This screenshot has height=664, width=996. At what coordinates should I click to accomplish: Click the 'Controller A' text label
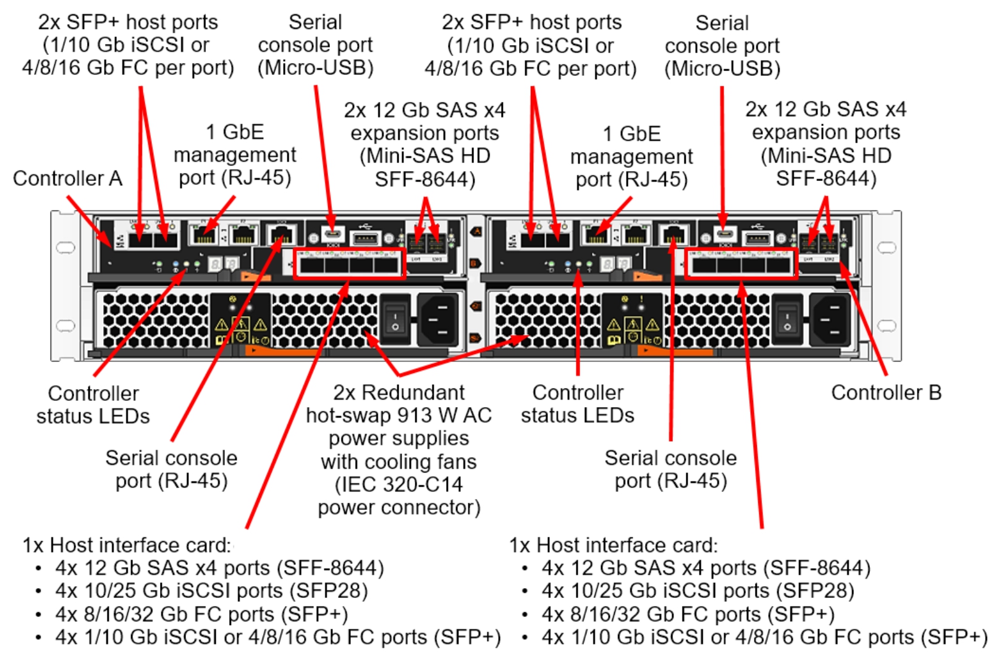point(67,179)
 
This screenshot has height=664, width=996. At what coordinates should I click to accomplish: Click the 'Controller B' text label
point(885,392)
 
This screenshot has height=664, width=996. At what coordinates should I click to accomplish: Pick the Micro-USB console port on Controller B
point(725,235)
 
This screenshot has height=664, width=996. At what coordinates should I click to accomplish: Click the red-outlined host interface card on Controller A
point(349,264)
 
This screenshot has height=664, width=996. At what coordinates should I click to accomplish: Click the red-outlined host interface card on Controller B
point(741,264)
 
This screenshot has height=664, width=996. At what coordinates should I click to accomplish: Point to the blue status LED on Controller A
point(176,270)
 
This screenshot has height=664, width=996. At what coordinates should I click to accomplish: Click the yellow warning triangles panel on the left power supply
point(240,324)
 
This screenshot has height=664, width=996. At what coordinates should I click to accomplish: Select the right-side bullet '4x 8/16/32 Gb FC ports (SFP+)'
point(688,614)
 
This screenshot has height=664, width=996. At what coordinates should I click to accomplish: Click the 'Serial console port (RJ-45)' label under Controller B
point(670,469)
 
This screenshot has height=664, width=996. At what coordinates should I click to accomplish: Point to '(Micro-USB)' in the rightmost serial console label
point(722,68)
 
